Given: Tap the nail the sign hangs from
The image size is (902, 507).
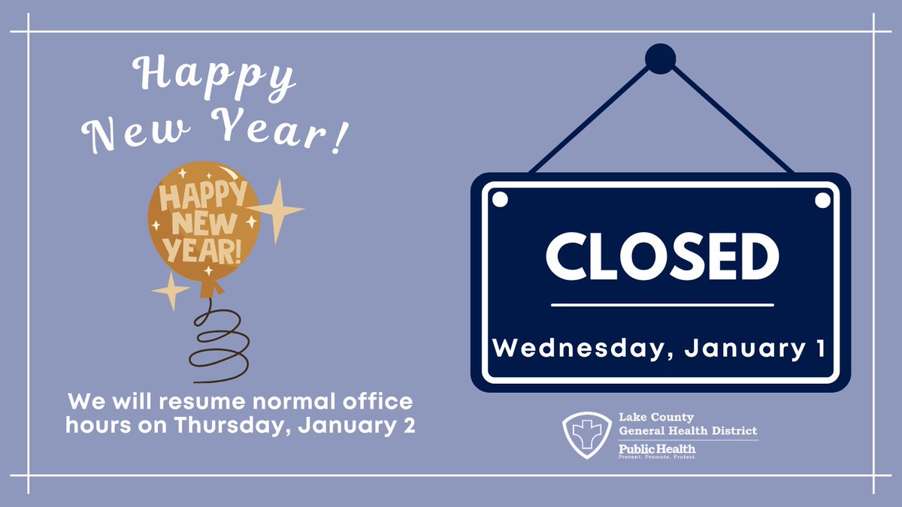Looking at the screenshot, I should point(661,59).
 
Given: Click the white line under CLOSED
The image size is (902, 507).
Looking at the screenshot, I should point(661,305).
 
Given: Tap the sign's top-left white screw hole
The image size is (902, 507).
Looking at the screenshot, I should point(498,200).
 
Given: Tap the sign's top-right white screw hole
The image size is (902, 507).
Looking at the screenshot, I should point(823,200).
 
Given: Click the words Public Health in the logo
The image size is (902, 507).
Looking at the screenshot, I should point(657,448).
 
